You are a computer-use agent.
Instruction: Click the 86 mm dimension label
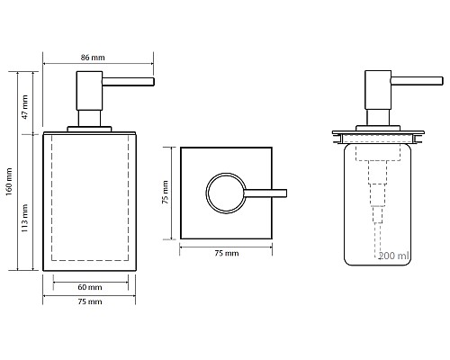93,58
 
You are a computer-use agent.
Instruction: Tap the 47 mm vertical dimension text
25,107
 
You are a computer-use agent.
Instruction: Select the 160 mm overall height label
9,182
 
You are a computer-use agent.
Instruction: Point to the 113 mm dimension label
25,218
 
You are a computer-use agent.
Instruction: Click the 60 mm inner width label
90,287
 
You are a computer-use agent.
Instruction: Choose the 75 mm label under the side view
90,301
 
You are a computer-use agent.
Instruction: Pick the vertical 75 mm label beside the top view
166,193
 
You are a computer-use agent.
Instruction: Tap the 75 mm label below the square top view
227,253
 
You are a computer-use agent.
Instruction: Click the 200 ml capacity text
393,256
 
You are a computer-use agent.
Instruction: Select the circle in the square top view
206,193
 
